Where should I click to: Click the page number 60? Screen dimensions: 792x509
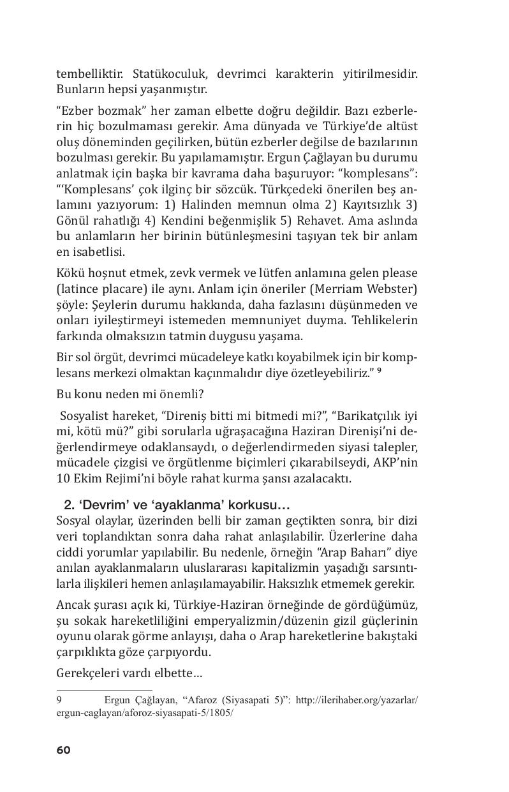pos(63,750)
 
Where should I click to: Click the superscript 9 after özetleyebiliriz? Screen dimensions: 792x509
pos(380,370)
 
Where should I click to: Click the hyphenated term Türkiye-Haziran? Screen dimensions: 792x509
pos(236,605)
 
